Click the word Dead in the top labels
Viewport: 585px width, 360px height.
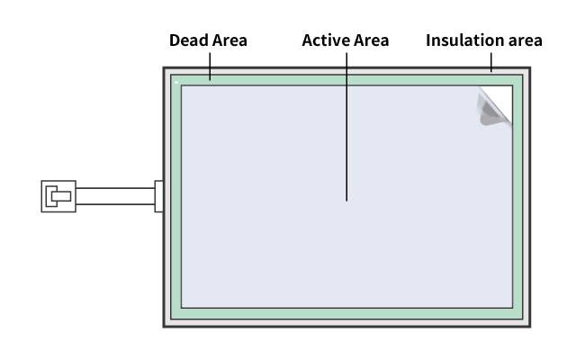(x=186, y=40)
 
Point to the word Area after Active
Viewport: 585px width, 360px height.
(x=369, y=40)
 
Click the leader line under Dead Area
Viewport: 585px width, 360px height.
(x=210, y=64)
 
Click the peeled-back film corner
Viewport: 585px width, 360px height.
(x=494, y=105)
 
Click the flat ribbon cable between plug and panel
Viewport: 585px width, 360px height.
(x=115, y=196)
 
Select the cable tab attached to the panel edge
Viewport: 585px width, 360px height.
(x=159, y=196)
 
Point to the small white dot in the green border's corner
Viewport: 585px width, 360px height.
(x=176, y=82)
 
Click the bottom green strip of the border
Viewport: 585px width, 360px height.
(x=346, y=312)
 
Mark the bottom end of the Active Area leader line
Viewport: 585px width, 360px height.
(x=346, y=199)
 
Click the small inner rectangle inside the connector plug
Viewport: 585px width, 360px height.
(x=61, y=195)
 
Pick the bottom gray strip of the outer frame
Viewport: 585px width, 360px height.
(x=346, y=321)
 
